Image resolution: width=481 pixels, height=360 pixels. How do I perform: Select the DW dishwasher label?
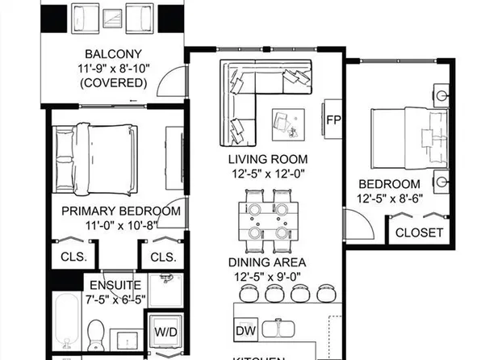tap(245, 331)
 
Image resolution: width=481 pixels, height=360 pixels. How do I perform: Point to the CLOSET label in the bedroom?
tap(419, 232)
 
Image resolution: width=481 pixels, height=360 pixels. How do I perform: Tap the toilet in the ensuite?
tap(97, 333)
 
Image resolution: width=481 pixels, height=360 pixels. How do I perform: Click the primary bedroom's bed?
tap(94, 153)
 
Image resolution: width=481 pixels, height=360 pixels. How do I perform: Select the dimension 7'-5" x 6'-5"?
tap(115, 299)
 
